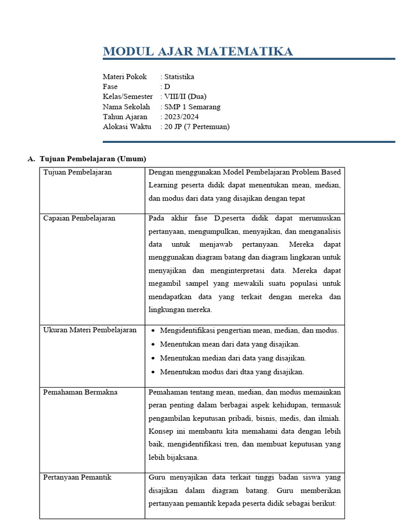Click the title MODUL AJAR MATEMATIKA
(197, 51)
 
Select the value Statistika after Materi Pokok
(179, 76)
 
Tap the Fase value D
(167, 86)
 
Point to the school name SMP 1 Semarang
(192, 107)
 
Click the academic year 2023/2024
(181, 116)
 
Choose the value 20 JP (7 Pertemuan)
(197, 126)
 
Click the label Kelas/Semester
(128, 96)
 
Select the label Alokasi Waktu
(127, 126)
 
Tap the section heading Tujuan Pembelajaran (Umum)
(93, 158)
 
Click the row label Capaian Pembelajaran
(79, 218)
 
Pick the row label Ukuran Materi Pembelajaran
(90, 330)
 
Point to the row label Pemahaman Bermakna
(80, 392)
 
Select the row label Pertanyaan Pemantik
(77, 477)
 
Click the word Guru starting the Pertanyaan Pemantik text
(157, 477)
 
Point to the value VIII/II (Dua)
(185, 96)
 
